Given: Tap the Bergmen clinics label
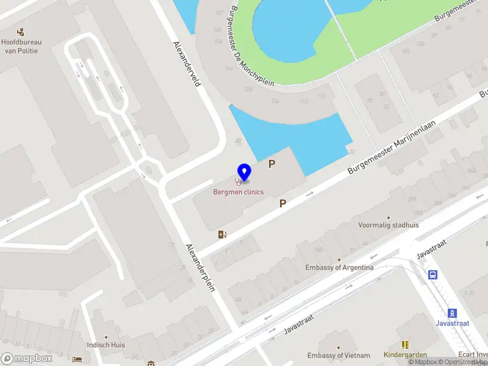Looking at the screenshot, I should tap(238, 192).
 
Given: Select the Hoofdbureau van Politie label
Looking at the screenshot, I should tap(20, 46).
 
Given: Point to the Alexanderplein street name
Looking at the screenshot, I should tap(200, 267).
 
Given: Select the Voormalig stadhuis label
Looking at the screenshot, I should tap(389, 224).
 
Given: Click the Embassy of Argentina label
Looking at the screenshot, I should tap(340, 267).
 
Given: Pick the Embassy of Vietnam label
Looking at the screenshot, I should tap(339, 356).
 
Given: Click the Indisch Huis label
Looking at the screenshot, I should tap(106, 345).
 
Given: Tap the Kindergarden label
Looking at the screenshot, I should tap(404, 355).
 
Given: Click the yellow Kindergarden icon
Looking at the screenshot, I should tap(405, 345).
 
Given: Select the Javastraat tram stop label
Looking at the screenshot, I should tap(452, 323).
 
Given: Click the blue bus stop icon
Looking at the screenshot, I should tap(432, 274).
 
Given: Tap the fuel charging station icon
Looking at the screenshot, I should tap(222, 234).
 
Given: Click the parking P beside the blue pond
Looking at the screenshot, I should tap(272, 163).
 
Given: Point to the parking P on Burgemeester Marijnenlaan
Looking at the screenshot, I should tap(283, 203).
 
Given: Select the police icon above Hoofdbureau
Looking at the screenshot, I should tap(21, 32).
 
